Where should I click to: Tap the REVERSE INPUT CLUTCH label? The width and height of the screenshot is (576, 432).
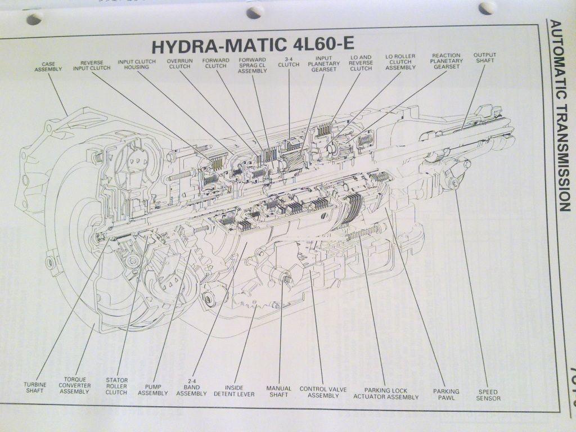point(92,66)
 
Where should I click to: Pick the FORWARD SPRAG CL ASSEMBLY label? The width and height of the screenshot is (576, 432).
point(252,66)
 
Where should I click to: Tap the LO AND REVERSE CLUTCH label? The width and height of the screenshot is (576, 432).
point(361,63)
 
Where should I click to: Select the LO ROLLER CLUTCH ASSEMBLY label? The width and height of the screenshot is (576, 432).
point(400,62)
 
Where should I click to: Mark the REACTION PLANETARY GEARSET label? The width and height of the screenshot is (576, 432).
point(447,61)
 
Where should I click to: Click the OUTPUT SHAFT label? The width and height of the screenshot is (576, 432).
point(484,58)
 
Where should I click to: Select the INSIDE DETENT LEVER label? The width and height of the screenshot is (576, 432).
point(240,390)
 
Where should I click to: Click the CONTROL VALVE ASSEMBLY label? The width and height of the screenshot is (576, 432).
point(322,392)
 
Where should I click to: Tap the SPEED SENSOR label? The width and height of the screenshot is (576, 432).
point(488,394)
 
